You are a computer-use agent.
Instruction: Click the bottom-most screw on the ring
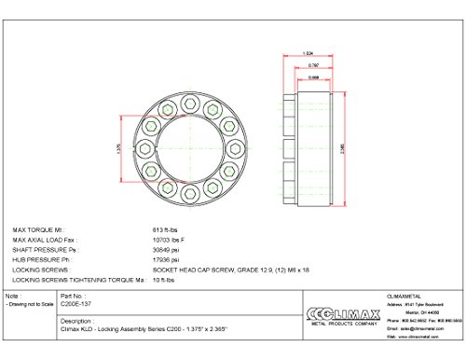point(185,195)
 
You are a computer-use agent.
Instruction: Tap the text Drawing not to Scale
point(30,304)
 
